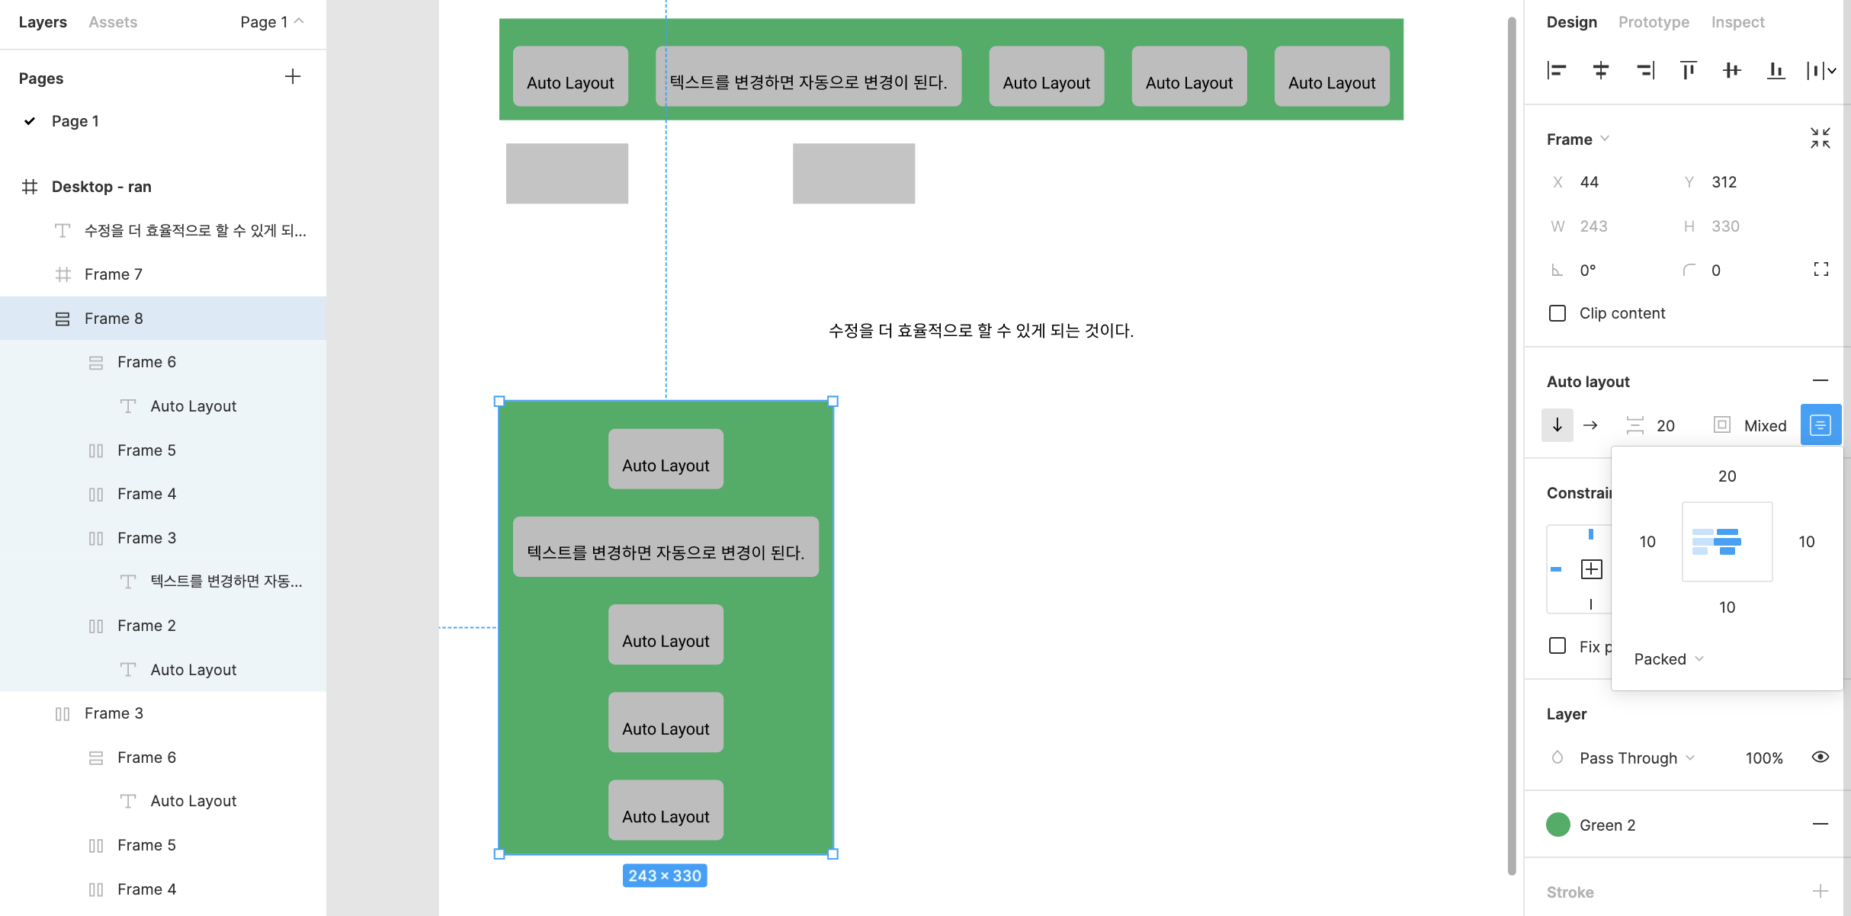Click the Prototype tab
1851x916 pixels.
tap(1654, 22)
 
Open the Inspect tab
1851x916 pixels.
tap(1737, 22)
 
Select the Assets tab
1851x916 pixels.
tap(113, 22)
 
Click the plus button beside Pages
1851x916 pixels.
tap(293, 76)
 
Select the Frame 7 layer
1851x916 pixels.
tap(113, 274)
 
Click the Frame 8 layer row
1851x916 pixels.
tap(114, 319)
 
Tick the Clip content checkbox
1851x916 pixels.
tap(1557, 313)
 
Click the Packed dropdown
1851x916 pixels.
tap(1668, 659)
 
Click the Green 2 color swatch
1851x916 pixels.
tap(1558, 825)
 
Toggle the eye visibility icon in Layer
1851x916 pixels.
tap(1820, 757)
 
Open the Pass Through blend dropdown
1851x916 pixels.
tap(1636, 758)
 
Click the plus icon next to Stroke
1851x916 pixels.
tap(1821, 891)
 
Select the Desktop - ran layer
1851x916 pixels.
tap(101, 187)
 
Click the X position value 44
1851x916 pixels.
tap(1590, 182)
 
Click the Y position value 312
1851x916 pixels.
tap(1724, 182)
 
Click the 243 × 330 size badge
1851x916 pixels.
tap(665, 876)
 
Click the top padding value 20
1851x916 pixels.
tap(1727, 476)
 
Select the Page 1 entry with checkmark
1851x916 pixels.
tap(75, 121)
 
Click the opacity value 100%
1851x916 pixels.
tap(1764, 758)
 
